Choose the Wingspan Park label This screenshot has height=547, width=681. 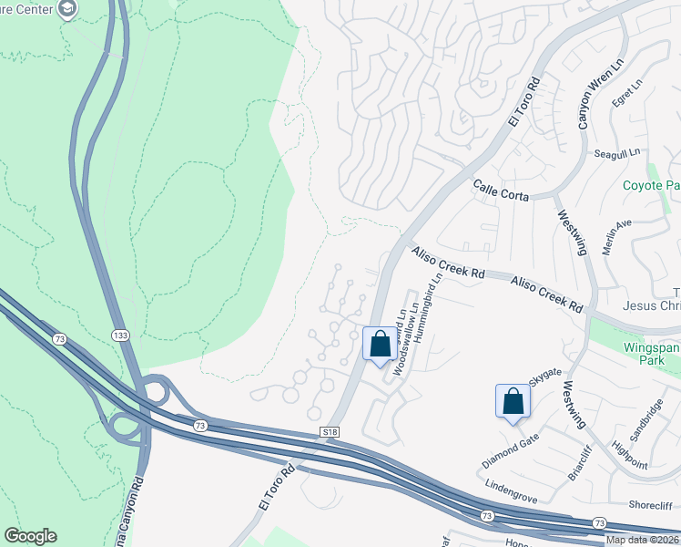pyautogui.click(x=651, y=355)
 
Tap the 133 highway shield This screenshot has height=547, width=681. pyautogui.click(x=120, y=335)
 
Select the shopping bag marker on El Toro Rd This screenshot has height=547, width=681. pyautogui.click(x=381, y=345)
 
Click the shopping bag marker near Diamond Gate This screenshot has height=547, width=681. pyautogui.click(x=513, y=401)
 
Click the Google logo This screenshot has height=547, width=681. pyautogui.click(x=30, y=536)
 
